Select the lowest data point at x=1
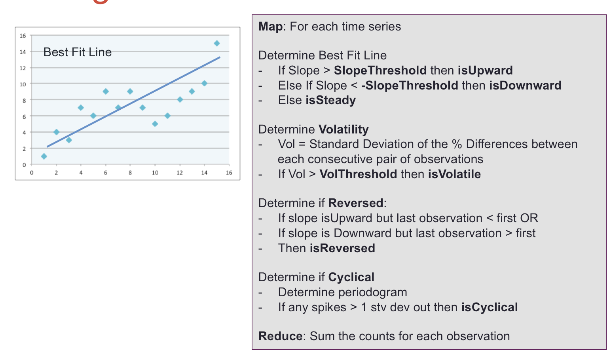click(x=44, y=156)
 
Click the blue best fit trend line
click(x=134, y=102)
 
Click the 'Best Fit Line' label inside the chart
click(x=78, y=52)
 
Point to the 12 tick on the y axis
click(x=23, y=68)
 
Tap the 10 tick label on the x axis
click(x=155, y=173)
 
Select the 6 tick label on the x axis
click(x=106, y=173)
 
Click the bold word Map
click(x=271, y=27)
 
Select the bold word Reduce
click(x=280, y=336)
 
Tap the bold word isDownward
click(x=526, y=86)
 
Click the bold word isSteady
click(x=330, y=100)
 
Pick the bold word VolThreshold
click(x=358, y=174)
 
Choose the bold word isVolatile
click(x=454, y=174)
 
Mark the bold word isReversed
click(x=342, y=248)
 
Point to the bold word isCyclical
click(x=490, y=308)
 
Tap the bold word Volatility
click(x=343, y=130)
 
